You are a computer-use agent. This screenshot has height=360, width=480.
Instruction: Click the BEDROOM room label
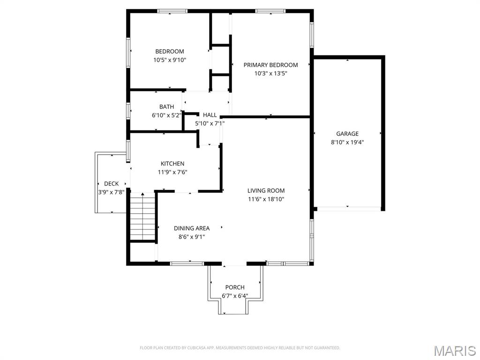pos(170,52)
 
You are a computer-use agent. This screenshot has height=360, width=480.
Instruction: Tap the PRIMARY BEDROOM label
pos(270,65)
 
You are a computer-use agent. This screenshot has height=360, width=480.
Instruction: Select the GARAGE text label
pos(347,134)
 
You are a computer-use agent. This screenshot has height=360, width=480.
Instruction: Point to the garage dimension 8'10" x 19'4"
pos(347,142)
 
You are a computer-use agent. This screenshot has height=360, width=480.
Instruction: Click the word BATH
pos(166,107)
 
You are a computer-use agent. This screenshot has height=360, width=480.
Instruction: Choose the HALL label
pos(210,115)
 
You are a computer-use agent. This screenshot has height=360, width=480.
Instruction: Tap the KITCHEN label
pos(172,164)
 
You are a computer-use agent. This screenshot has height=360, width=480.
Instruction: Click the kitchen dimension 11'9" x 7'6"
pos(172,172)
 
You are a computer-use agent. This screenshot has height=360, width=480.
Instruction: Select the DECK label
pos(111,184)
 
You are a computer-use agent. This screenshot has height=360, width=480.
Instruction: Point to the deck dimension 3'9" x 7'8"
pos(111,192)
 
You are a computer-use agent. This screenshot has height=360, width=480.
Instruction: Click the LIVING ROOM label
pos(266,191)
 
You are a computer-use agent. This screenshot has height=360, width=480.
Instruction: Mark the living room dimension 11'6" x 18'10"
pos(266,199)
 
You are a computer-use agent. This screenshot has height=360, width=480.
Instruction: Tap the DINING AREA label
pos(192,228)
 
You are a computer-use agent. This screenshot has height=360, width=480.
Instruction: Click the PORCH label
pos(235,287)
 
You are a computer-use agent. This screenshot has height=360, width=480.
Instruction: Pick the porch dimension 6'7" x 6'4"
pos(235,296)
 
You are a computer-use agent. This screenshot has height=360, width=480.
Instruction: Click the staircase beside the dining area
pos(142,217)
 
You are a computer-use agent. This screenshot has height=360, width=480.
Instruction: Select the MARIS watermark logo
pos(454,351)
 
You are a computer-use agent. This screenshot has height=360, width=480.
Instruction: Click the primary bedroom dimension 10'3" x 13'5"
pos(270,74)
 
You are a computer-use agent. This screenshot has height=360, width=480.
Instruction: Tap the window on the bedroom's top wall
pos(172,11)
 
